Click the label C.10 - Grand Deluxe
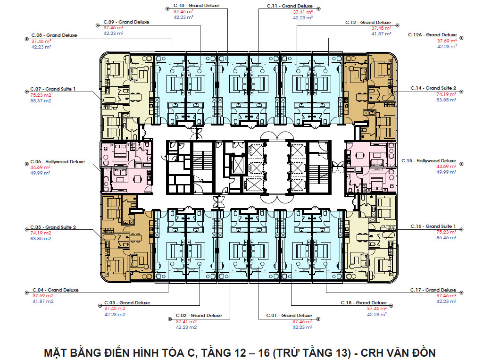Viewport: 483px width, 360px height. click(x=196, y=6)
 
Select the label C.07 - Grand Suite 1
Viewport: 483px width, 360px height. click(x=53, y=89)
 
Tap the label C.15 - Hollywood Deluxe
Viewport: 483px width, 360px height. click(x=429, y=160)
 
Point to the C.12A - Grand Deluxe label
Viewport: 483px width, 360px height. click(x=433, y=35)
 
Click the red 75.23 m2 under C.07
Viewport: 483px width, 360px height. click(x=41, y=95)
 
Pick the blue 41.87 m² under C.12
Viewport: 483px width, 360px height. click(x=381, y=34)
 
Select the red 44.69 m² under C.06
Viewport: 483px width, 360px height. click(x=40, y=167)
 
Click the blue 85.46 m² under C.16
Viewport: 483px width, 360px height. click(x=446, y=238)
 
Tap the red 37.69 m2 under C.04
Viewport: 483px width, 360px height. click(x=43, y=295)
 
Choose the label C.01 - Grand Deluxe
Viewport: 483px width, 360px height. click(x=289, y=315)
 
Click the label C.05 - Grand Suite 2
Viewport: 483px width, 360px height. click(x=53, y=227)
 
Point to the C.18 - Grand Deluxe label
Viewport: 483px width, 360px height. click(x=364, y=302)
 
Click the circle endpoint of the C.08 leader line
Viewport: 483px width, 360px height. click(x=26, y=39)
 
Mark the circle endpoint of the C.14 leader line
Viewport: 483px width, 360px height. click(x=461, y=92)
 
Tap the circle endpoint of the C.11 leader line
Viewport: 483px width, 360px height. click(x=318, y=9)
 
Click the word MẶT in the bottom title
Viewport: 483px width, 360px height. click(x=56, y=352)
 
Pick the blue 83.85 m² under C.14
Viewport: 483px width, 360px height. click(x=446, y=100)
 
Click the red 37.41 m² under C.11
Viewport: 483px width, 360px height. click(x=303, y=12)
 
